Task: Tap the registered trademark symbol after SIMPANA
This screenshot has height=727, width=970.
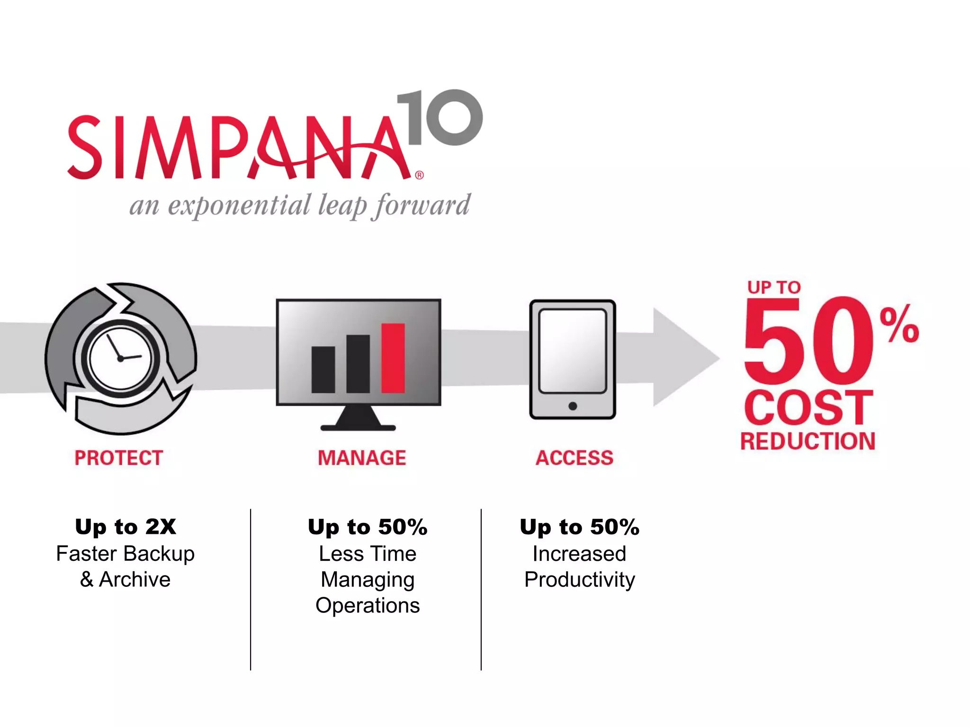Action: (x=420, y=175)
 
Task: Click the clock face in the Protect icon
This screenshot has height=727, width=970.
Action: (x=121, y=358)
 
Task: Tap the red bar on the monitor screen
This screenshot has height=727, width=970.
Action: (x=393, y=358)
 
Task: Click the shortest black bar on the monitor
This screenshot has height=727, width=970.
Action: (x=323, y=370)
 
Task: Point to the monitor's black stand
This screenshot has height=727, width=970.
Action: (x=358, y=419)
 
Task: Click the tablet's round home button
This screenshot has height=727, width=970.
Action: (x=573, y=406)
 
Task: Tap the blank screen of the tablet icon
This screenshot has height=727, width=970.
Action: (x=573, y=351)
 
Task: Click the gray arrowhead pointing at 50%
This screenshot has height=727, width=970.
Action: (x=682, y=357)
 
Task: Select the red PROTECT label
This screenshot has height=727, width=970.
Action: (x=118, y=458)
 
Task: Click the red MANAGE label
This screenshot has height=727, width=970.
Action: (x=362, y=458)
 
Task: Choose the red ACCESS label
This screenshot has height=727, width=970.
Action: (x=574, y=458)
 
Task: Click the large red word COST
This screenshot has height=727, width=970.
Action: (x=808, y=408)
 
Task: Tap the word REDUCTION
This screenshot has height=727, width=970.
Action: (x=808, y=441)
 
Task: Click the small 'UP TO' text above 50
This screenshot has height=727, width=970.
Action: (x=774, y=287)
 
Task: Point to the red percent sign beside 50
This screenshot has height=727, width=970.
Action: (x=899, y=324)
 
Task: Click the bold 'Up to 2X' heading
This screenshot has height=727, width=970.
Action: (x=126, y=527)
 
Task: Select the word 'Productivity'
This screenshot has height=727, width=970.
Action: (x=580, y=580)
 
